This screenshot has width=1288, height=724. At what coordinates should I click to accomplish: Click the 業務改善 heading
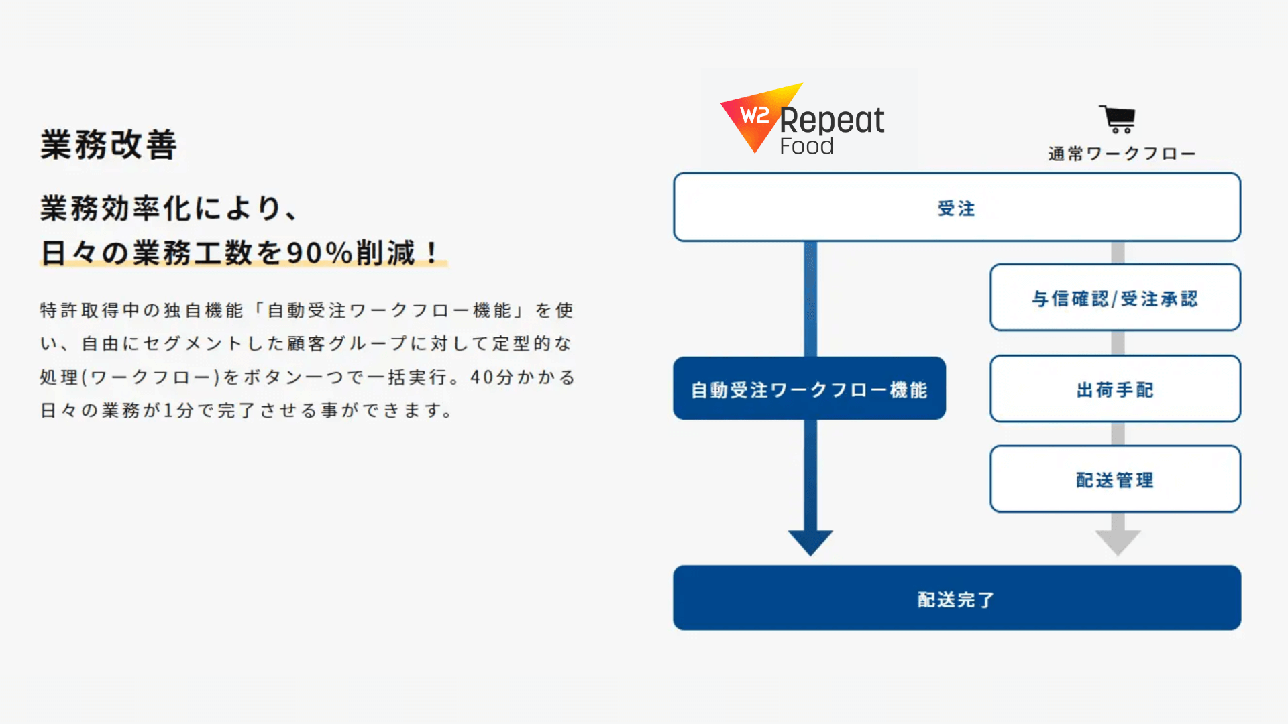[109, 145]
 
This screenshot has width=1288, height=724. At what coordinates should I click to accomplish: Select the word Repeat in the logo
[832, 121]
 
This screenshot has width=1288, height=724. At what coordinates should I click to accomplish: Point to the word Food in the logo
[806, 146]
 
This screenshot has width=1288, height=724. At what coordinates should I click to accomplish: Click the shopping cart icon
[1117, 119]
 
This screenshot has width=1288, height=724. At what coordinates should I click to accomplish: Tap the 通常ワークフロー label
[1122, 154]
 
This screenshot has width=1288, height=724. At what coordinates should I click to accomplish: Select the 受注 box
[957, 207]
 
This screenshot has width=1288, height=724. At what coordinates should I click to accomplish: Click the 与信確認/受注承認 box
[1115, 298]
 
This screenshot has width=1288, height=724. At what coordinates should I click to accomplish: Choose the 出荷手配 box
[1115, 389]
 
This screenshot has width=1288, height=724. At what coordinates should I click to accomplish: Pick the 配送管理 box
[1115, 479]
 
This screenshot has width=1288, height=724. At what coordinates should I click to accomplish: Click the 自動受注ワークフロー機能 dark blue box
[810, 388]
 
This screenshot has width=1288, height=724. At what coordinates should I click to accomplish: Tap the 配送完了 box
[957, 598]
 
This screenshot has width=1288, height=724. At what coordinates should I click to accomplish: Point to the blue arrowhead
[810, 541]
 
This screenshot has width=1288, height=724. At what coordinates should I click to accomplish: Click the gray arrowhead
[1118, 541]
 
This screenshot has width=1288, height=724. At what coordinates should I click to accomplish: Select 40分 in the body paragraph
[492, 377]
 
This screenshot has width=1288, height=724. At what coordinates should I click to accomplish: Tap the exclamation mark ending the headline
[432, 253]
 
